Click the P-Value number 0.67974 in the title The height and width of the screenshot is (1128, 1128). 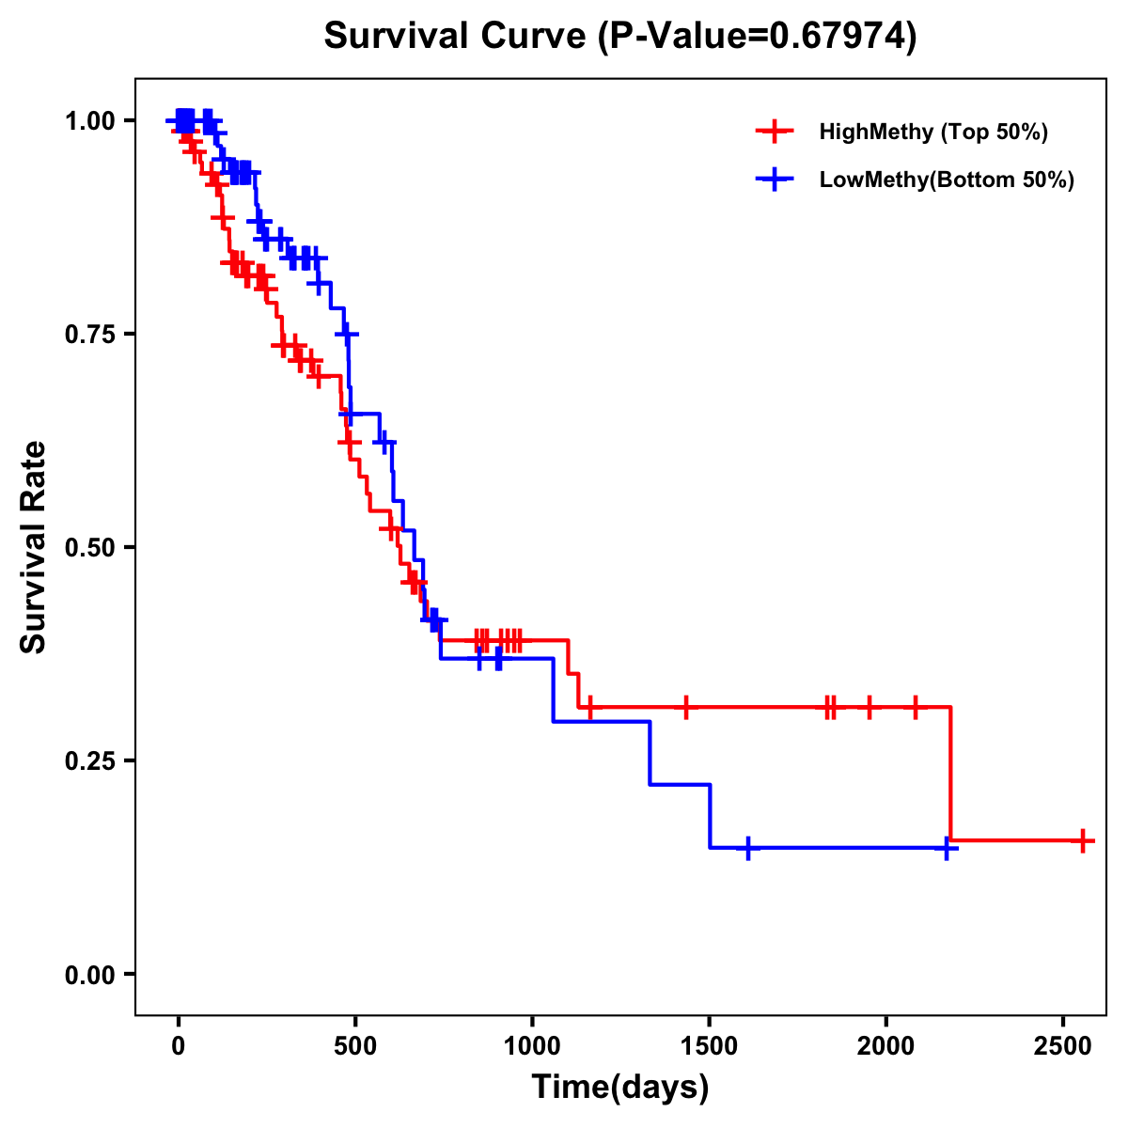[x=838, y=37]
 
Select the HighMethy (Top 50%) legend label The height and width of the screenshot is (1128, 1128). [x=932, y=132]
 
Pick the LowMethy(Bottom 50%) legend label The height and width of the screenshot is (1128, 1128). [x=947, y=180]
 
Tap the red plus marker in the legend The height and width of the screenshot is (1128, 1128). [x=774, y=132]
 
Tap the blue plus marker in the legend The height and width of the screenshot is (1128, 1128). [x=774, y=180]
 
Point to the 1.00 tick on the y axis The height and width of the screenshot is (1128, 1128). [x=92, y=121]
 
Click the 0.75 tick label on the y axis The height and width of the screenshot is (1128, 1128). [x=92, y=335]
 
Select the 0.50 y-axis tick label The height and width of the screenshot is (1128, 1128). [x=92, y=548]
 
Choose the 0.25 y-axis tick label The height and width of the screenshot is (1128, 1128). [x=92, y=761]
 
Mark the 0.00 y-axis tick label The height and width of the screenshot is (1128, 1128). [x=92, y=975]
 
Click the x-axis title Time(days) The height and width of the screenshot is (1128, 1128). [x=620, y=1088]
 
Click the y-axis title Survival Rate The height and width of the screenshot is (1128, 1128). [x=35, y=547]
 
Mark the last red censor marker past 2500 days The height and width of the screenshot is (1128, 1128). [x=1083, y=840]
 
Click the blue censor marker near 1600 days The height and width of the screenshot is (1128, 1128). [x=747, y=848]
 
